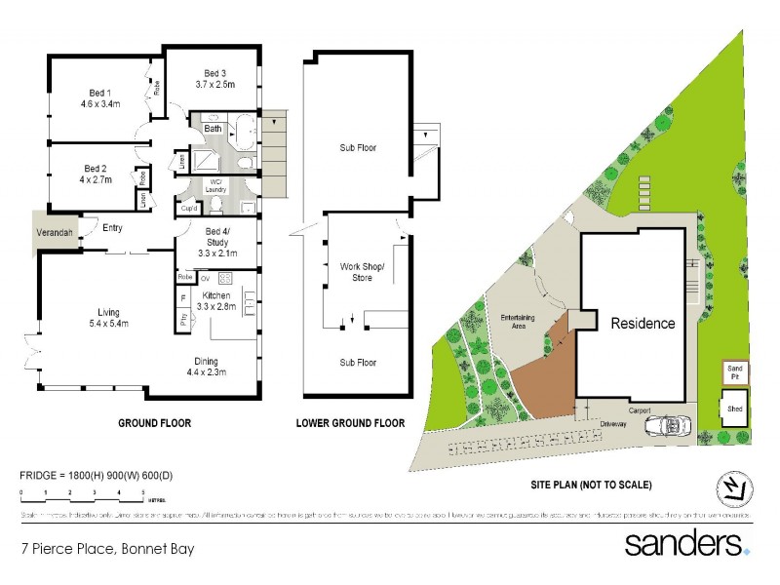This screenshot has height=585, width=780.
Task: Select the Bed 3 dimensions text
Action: coord(215,86)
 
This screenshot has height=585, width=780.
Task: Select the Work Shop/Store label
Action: coord(362,272)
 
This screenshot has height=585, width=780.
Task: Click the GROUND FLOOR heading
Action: coord(154,423)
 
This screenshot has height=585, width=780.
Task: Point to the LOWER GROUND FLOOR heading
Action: coord(350,423)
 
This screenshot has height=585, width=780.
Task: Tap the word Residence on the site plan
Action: coord(643,324)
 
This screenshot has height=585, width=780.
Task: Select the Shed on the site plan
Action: coord(734,410)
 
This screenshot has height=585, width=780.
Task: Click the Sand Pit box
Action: coord(736,371)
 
